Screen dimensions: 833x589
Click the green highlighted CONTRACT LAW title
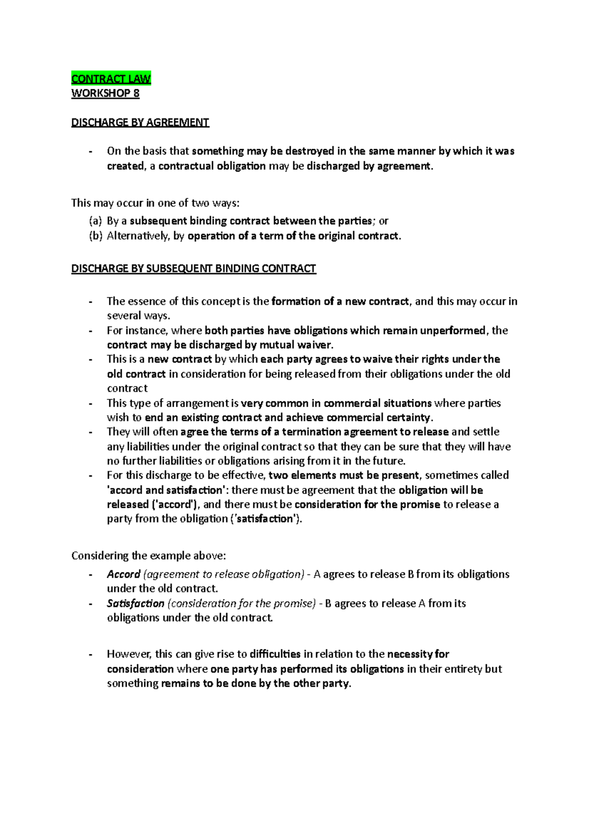tap(111, 78)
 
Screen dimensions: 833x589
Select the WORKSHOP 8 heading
tap(105, 93)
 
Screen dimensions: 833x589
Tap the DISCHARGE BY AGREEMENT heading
tap(140, 122)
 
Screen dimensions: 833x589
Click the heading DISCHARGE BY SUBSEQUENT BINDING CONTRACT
tap(193, 268)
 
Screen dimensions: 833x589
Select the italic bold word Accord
tap(124, 574)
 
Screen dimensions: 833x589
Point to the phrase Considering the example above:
tap(148, 556)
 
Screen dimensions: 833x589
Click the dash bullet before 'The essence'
tap(90, 302)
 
